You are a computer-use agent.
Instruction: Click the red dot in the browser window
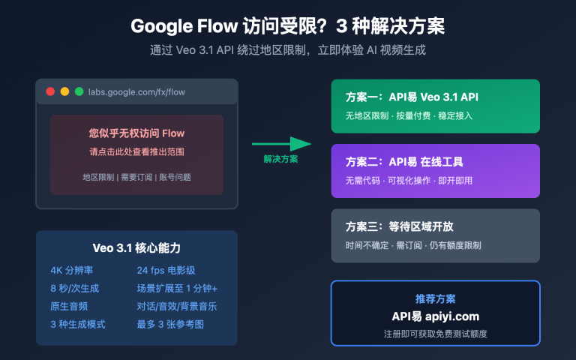[50, 91]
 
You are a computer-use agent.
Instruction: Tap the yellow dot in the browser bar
[64, 91]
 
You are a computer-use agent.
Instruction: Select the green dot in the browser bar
[79, 91]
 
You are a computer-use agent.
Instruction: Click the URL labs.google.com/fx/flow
[136, 91]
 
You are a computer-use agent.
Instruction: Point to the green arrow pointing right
[282, 144]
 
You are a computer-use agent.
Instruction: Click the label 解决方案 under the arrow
[280, 159]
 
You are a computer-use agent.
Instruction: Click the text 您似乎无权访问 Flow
[136, 133]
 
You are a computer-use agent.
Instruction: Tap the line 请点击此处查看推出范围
[136, 151]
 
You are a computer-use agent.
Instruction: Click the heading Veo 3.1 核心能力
[136, 248]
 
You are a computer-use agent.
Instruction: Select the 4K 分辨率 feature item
[73, 270]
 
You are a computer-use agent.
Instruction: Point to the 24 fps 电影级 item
[166, 270]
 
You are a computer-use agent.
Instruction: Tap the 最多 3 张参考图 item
[170, 324]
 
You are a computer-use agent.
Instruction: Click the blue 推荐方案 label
[435, 298]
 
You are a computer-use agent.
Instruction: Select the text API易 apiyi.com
[435, 316]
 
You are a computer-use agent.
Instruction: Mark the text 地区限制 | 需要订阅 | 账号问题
[136, 177]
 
